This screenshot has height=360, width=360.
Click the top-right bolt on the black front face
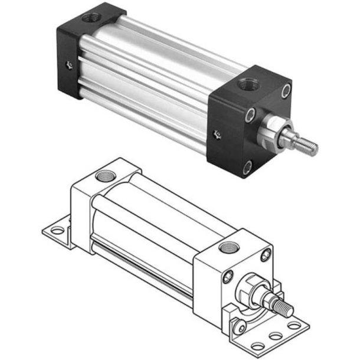(287, 91)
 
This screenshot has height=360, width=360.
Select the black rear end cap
(83, 53)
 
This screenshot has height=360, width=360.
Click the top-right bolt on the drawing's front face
(265, 254)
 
